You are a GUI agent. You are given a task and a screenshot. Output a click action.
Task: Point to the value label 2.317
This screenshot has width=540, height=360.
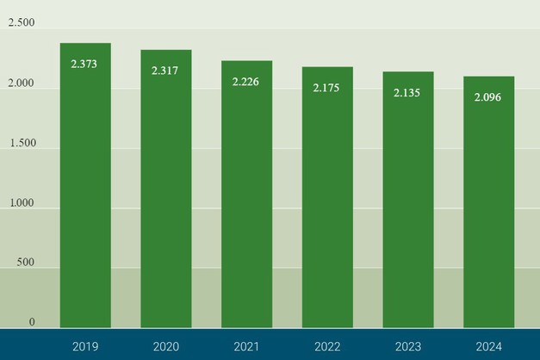(164, 71)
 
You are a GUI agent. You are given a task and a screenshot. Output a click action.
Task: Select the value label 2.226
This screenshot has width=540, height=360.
(246, 82)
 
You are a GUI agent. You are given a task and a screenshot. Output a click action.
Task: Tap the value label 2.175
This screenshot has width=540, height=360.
(327, 88)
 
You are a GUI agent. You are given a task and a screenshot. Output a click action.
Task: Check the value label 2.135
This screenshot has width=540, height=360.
(407, 93)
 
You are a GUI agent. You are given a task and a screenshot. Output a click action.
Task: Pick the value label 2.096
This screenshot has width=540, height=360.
(488, 97)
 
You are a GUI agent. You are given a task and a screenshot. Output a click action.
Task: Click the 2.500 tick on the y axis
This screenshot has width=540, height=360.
(22, 23)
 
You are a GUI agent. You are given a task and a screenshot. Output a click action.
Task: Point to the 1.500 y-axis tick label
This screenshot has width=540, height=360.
(22, 143)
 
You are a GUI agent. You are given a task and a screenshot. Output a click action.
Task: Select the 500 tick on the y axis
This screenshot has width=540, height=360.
(26, 263)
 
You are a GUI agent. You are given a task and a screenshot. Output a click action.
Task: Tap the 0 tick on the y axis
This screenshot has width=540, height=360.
(32, 322)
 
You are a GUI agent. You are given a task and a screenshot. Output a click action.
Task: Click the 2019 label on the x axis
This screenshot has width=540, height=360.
(85, 346)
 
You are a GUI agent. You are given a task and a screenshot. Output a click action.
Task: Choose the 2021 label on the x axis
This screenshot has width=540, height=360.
(246, 346)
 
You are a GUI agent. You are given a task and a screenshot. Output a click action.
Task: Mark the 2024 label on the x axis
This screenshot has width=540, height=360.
(488, 346)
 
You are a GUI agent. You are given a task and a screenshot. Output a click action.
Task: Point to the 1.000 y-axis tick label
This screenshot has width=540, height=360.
(22, 203)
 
